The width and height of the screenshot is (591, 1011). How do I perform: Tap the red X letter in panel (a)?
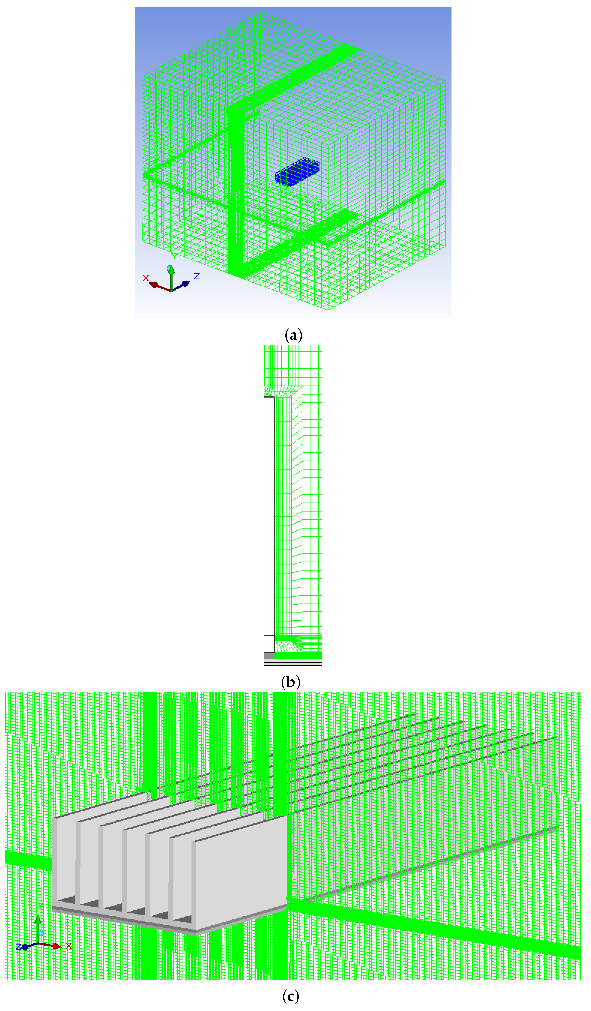[x=146, y=278]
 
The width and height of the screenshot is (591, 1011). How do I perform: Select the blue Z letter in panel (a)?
[x=196, y=276]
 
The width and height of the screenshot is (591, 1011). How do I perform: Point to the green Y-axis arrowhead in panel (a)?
[x=171, y=270]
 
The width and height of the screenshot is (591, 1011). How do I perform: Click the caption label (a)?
[x=293, y=335]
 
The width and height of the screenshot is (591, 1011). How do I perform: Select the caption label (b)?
[x=291, y=682]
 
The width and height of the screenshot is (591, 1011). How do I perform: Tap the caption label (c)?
[x=291, y=996]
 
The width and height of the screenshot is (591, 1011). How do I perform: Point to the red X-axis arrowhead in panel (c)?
[x=57, y=946]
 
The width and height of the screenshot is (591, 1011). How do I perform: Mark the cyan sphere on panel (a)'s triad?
[x=169, y=268]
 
